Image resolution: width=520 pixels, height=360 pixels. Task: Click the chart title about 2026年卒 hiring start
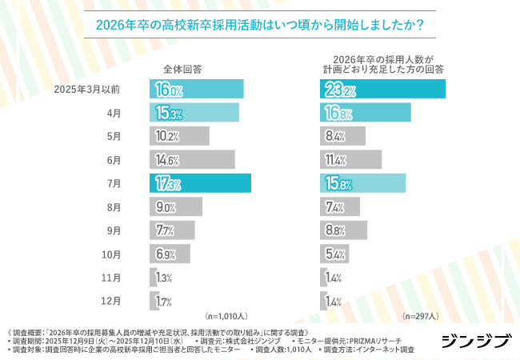tap(260, 23)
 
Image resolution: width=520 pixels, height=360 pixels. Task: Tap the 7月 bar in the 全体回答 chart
tap(200, 183)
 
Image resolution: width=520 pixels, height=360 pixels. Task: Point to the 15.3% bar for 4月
tap(194, 113)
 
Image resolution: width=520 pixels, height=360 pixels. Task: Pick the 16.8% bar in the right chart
tap(366, 113)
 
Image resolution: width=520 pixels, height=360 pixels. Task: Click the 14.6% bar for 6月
tap(192, 160)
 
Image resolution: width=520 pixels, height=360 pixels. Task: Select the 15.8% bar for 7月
tap(362, 183)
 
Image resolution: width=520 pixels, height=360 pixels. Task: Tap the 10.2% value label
tap(167, 137)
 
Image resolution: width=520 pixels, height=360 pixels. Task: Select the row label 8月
tap(114, 207)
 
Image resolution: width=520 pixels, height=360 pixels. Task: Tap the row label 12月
tap(111, 302)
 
